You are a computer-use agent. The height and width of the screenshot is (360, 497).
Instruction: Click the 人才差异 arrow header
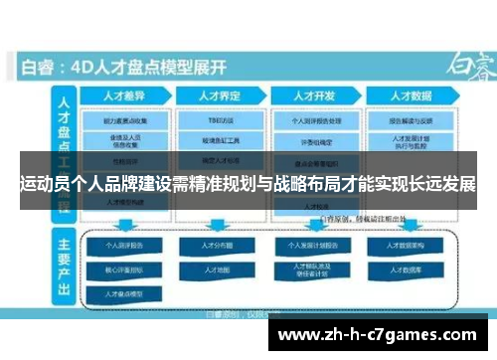[x=124, y=97]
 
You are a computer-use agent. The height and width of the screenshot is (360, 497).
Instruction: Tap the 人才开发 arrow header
[x=313, y=97]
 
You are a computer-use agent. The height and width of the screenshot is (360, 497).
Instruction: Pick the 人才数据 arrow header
[x=411, y=97]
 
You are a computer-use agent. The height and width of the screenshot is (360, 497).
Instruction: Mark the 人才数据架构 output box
[x=409, y=245]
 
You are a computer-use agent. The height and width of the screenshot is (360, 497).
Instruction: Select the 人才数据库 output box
[x=409, y=269]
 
